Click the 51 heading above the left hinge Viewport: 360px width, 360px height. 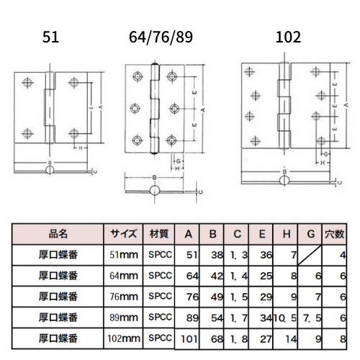coord(50,37)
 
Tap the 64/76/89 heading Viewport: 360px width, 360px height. coord(161,37)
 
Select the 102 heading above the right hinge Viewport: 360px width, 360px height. coord(288,37)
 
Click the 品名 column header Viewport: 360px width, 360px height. coord(58,234)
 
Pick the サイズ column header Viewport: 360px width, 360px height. coord(123,234)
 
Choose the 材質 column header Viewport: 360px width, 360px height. coord(159,234)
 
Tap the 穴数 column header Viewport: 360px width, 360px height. coord(335,234)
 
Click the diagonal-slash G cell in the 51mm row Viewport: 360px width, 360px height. coord(310,255)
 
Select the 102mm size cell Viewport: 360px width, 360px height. coord(124,338)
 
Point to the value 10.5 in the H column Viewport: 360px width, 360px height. coord(285,318)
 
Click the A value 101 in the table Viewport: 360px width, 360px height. coord(189,339)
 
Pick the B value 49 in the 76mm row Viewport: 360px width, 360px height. coord(217,297)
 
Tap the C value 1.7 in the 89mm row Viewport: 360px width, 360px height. coord(239,318)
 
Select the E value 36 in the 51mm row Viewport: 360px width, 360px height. coord(266,255)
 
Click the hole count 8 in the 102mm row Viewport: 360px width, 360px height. coord(343,339)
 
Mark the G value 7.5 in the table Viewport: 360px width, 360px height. coord(312,318)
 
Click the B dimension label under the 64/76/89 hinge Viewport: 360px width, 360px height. coord(155,178)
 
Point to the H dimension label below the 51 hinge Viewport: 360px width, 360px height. coord(81,148)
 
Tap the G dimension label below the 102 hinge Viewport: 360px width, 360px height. coord(325,154)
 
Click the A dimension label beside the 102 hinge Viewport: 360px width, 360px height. coord(346,105)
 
